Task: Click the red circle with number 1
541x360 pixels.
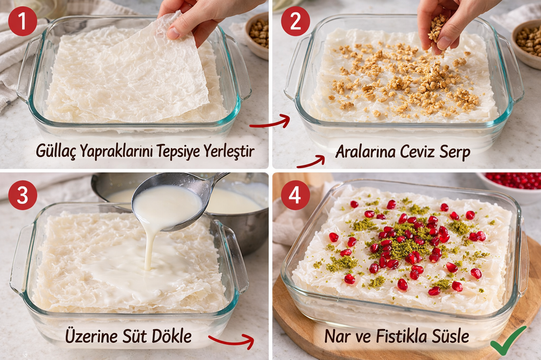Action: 22,22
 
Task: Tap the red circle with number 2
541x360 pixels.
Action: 295,22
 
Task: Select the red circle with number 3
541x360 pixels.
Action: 22,195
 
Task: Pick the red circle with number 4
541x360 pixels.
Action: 295,195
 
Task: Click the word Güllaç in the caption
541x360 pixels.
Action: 56,151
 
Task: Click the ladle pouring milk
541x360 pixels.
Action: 173,202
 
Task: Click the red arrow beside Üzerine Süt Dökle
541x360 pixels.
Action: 232,341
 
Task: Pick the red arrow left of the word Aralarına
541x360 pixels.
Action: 311,162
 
